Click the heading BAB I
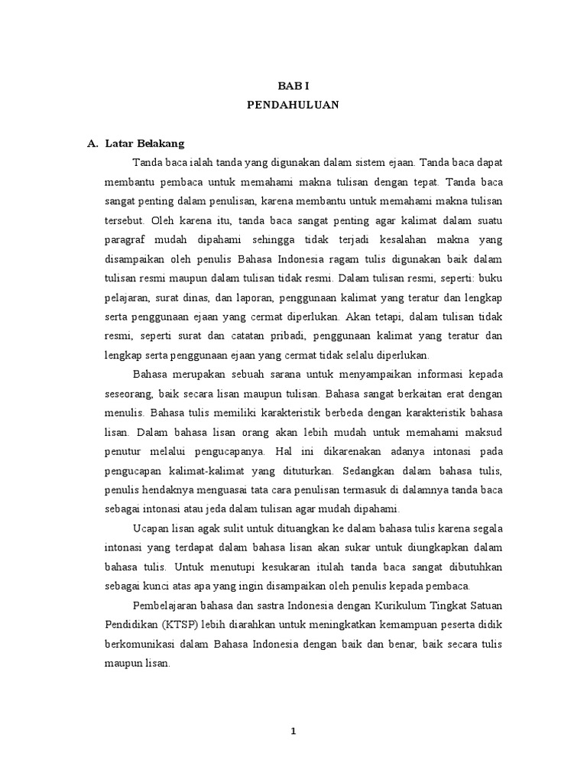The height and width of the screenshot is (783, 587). click(293, 88)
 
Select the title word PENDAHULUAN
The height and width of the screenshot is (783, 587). click(293, 106)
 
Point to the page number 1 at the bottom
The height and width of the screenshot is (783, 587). click(293, 731)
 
